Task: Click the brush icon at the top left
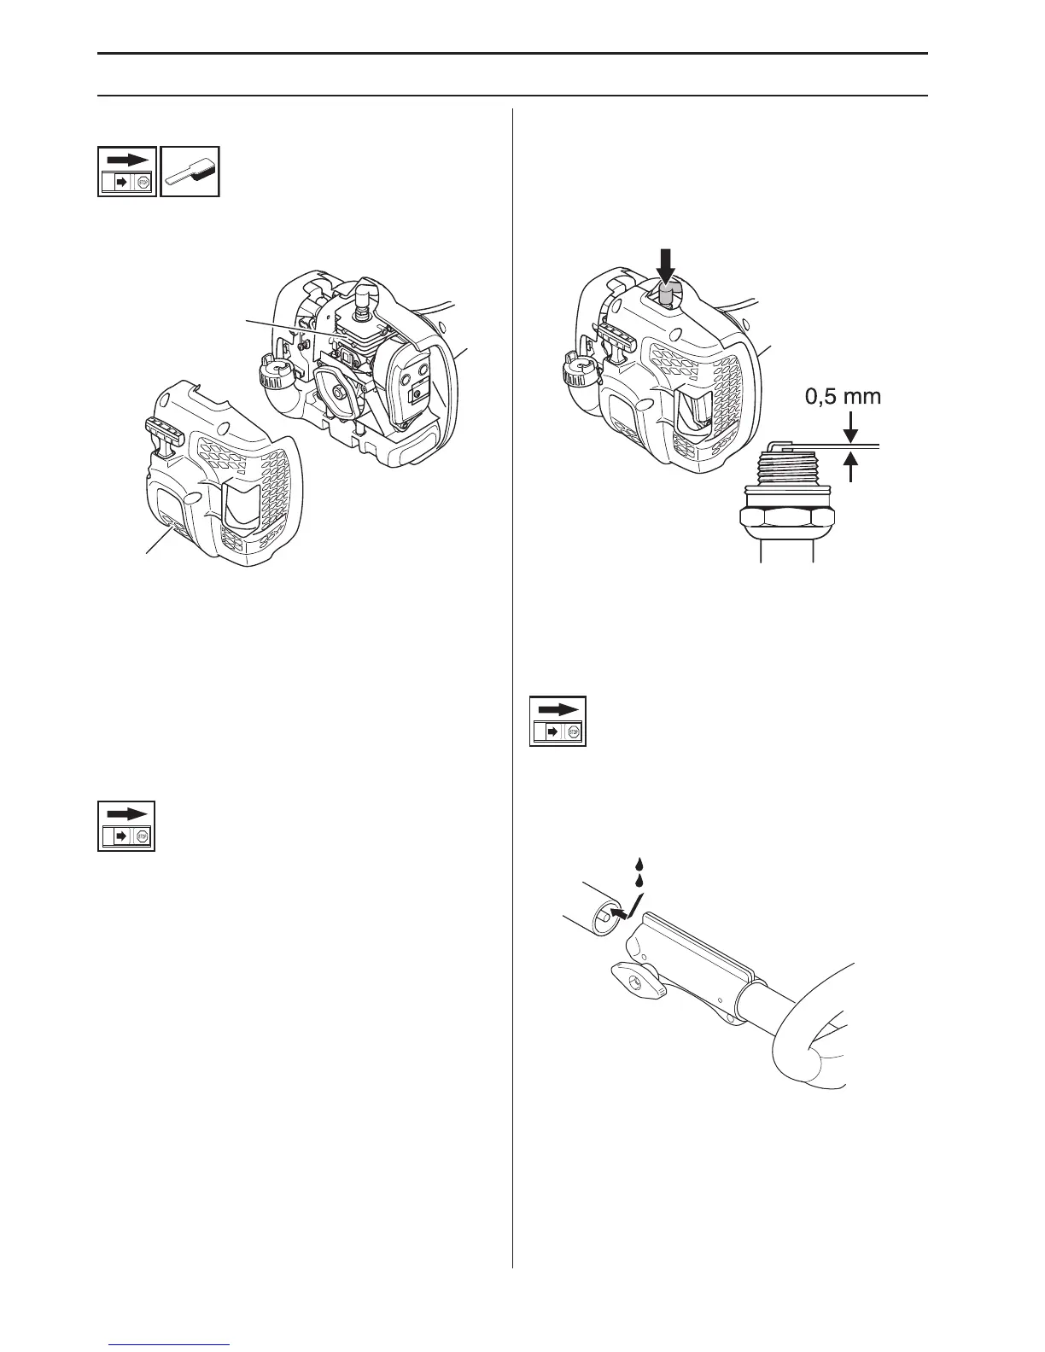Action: pos(190,172)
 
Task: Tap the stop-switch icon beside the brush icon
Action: pos(127,172)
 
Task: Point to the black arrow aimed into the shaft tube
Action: pos(626,912)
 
